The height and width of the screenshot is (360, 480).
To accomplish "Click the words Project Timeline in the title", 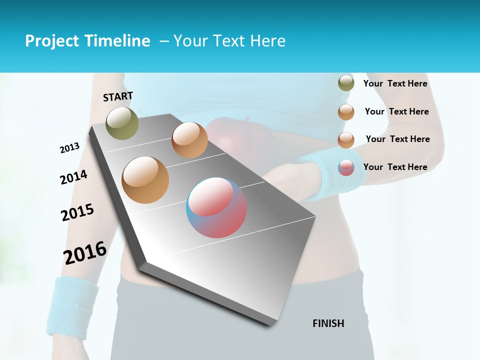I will tap(87, 41).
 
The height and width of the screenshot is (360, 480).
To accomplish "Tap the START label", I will tap(118, 96).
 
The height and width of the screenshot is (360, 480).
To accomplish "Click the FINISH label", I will tap(328, 323).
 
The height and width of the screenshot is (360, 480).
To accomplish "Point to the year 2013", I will tap(69, 148).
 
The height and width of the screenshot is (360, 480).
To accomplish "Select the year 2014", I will tap(73, 177).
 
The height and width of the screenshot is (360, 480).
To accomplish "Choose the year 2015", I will tap(77, 212).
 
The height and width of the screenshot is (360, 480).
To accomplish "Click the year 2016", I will tap(85, 252).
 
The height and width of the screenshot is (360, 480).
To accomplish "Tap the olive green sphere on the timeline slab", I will tap(122, 123).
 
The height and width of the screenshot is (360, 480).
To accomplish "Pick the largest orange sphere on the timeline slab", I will tap(145, 180).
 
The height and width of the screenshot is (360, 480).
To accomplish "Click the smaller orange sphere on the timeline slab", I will tap(189, 140).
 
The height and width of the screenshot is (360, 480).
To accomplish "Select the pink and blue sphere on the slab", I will tap(216, 207).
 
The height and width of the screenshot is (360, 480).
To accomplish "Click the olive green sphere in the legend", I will tap(346, 83).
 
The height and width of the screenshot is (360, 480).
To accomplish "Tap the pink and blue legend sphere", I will tap(346, 167).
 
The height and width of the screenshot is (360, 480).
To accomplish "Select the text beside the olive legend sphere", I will tap(395, 83).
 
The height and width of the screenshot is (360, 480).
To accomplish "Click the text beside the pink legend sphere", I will tap(395, 167).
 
